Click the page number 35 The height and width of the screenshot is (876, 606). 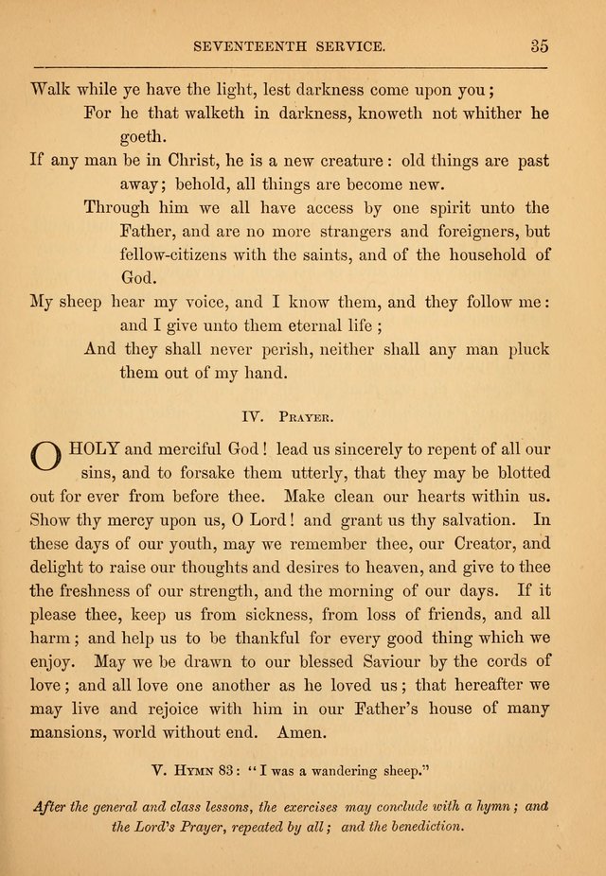pyautogui.click(x=540, y=44)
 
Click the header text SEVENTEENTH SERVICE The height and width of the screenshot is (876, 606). pyautogui.click(x=288, y=44)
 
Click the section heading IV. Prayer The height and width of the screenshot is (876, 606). pyautogui.click(x=291, y=413)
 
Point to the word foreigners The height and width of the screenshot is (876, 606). pyautogui.click(x=471, y=230)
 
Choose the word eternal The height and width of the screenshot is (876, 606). pyautogui.click(x=276, y=324)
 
